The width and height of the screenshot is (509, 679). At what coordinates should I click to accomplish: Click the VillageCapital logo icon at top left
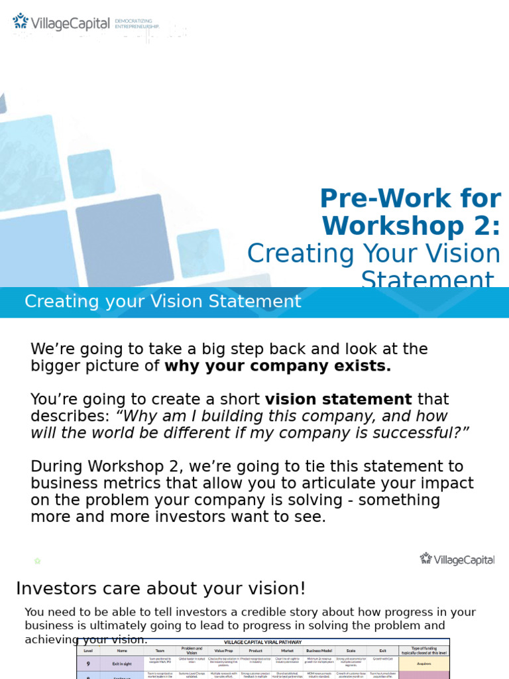pos(21,22)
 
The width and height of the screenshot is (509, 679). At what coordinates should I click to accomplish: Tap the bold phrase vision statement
pos(338,399)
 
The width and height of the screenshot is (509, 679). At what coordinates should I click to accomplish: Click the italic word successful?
pos(417,432)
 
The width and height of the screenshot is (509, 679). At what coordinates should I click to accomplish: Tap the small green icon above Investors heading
pos(38,561)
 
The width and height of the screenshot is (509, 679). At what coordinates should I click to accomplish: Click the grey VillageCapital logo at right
pos(457,559)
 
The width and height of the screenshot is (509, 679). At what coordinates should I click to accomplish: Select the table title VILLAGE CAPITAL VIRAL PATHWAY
pos(263,642)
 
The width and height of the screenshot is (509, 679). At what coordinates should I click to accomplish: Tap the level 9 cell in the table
pos(88,662)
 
